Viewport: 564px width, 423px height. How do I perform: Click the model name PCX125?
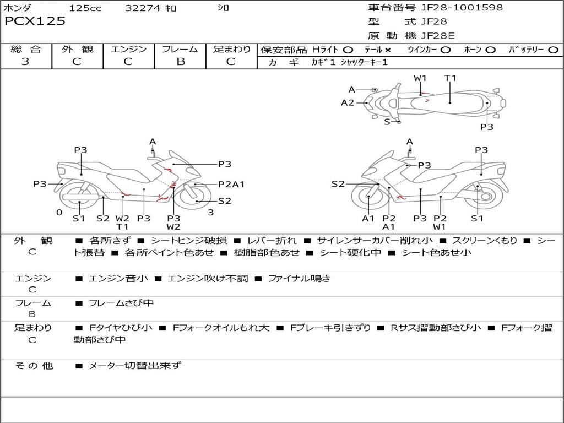pos(35,21)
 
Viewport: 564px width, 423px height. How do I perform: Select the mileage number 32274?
pos(143,8)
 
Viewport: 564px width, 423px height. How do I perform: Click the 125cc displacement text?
pos(85,8)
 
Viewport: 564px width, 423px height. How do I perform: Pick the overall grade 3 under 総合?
pos(25,62)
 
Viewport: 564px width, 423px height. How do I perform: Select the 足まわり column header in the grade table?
pos(232,49)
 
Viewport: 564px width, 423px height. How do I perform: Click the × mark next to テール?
pos(388,50)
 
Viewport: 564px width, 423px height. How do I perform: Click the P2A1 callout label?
pos(231,185)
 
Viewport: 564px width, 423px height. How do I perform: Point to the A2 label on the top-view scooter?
pos(348,102)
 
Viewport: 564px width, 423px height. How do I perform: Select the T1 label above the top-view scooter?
pos(450,78)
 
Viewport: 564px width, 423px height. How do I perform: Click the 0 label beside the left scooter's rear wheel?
pos(59,212)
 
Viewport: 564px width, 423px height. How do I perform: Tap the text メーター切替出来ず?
pos(134,365)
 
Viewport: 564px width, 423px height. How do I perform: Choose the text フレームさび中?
pos(121,303)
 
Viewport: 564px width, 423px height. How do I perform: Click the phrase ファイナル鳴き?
pos(299,278)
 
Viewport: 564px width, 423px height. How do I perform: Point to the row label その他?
pos(34,365)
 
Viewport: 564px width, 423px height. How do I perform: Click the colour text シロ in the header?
pos(223,8)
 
